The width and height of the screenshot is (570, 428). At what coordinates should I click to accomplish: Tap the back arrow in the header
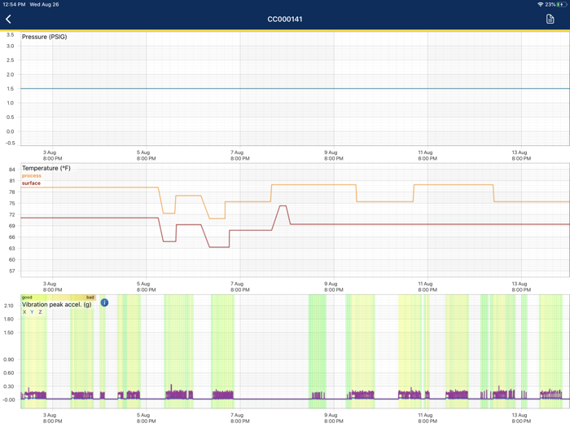(9, 19)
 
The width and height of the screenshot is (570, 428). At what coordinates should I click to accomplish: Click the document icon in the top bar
(550, 19)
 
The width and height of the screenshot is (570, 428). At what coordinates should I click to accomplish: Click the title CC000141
(285, 19)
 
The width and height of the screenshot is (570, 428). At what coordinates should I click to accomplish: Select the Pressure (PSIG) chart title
(45, 37)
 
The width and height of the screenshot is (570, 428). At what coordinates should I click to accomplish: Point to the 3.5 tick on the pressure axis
(10, 35)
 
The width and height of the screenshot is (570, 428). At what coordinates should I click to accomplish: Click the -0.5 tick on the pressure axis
(9, 143)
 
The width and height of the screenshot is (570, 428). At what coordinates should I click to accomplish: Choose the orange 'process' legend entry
(32, 176)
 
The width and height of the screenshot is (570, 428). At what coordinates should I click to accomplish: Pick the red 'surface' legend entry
(31, 183)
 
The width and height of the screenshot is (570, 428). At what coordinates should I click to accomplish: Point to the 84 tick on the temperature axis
(11, 170)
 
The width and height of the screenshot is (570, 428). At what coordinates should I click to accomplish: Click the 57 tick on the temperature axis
(11, 271)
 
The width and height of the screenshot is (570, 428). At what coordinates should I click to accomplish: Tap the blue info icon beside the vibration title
(104, 302)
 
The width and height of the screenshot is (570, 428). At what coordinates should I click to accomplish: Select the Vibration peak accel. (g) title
(57, 304)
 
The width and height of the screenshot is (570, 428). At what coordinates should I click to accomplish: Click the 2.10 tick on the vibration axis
(9, 306)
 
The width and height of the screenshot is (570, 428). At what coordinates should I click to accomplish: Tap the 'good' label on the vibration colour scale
(27, 298)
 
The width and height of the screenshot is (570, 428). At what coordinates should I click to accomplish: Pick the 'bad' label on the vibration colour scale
(90, 298)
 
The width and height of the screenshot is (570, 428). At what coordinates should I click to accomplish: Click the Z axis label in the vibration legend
(40, 312)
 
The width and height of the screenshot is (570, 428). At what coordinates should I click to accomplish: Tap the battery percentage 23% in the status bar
(550, 4)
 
